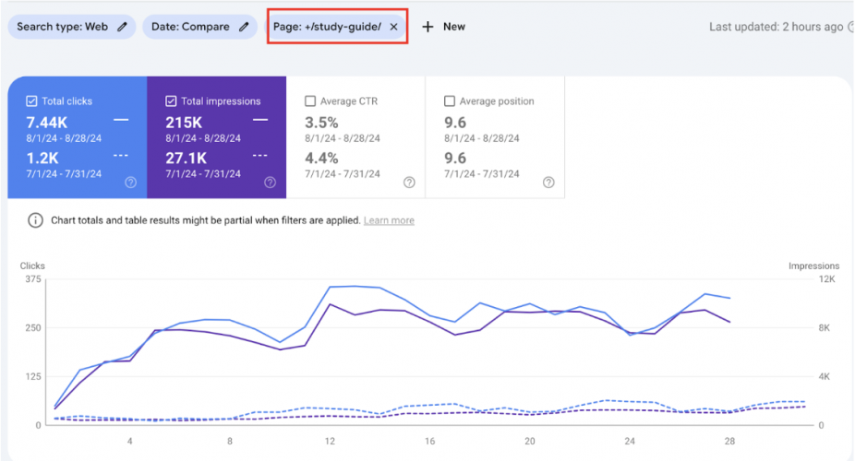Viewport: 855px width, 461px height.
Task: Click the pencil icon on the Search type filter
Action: pos(122,27)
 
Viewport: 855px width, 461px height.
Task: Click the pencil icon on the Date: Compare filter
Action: pos(244,27)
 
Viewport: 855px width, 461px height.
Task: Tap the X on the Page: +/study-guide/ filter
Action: pos(394,27)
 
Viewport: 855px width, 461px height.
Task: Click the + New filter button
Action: pos(444,27)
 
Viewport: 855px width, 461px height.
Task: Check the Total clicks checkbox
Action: pos(32,101)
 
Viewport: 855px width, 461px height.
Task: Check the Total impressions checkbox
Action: pos(172,101)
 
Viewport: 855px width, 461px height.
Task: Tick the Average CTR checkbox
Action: pos(310,101)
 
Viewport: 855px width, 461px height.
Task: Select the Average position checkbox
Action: pos(450,101)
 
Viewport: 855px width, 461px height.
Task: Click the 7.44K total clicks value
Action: pos(45,122)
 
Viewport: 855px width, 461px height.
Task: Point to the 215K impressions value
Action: pos(185,122)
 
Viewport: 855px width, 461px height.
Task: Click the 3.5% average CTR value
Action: pos(321,122)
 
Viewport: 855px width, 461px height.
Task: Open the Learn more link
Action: pos(389,220)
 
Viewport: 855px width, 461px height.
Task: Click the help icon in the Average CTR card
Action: pos(409,183)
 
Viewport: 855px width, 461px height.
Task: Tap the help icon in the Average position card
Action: pos(548,183)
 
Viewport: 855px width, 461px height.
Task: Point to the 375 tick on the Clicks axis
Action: pos(32,278)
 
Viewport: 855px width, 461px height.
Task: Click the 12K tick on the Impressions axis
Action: pos(825,278)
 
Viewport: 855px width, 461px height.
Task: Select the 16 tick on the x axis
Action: pos(430,441)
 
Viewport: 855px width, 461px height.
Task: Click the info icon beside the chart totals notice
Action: pos(35,220)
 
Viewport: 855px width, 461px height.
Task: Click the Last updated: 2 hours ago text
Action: pos(776,27)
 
